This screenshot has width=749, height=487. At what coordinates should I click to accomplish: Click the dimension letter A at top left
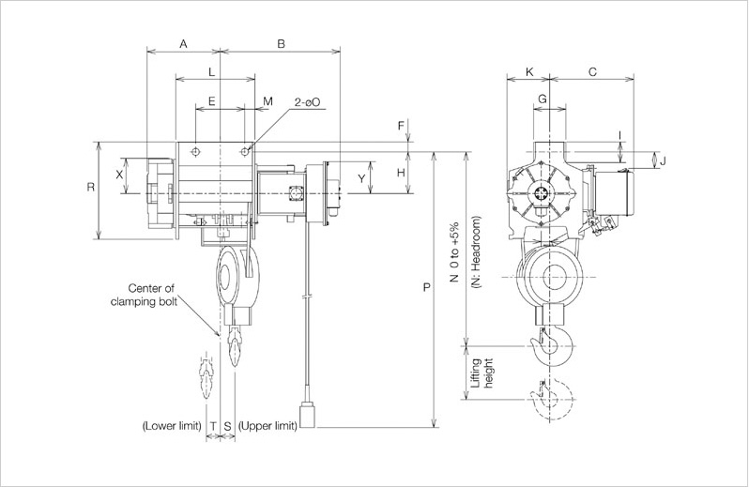(183, 44)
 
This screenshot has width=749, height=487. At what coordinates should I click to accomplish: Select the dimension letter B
(280, 44)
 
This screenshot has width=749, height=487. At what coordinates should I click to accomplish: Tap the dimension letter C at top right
(592, 71)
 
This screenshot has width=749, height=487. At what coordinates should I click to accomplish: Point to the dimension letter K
(530, 71)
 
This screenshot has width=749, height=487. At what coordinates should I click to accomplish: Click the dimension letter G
(543, 99)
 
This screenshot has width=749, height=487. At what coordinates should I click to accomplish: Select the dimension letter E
(211, 99)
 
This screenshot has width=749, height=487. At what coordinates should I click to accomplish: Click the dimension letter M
(267, 99)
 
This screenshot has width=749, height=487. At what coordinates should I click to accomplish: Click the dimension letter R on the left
(91, 188)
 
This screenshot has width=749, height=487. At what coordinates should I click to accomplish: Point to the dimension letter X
(119, 175)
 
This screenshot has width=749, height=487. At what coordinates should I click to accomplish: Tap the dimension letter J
(663, 160)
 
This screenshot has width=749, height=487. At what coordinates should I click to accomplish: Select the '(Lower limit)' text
(173, 425)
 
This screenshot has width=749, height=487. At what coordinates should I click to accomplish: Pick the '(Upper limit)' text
(268, 425)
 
